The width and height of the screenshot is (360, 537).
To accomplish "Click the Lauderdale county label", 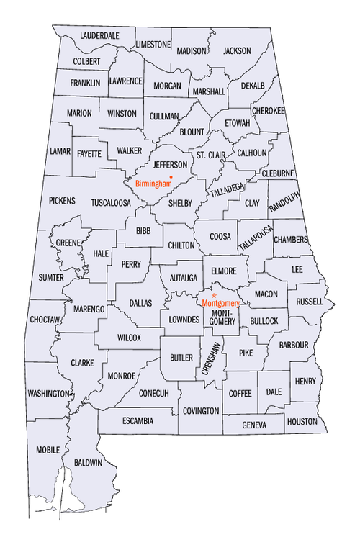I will [100, 35].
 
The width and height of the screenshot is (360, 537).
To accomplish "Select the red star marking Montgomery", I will [214, 295].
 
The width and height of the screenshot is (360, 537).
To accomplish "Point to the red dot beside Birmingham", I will [171, 176].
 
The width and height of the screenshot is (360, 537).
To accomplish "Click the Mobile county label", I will [48, 450].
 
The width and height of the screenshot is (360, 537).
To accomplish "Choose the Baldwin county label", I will [87, 461].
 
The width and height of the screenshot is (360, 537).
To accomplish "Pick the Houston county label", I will [302, 421].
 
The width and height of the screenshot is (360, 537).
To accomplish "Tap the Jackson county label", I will [237, 51].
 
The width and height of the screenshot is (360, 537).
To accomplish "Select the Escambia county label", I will [138, 420].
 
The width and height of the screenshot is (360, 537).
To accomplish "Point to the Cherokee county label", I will [269, 110].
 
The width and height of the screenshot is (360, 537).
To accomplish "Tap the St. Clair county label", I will [211, 155].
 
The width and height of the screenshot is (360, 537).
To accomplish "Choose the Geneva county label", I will [253, 425].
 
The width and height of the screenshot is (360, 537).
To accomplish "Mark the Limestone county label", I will [153, 45].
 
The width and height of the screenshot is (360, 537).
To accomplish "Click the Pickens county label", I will [62, 200].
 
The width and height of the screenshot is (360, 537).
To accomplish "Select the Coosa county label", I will [220, 236].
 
